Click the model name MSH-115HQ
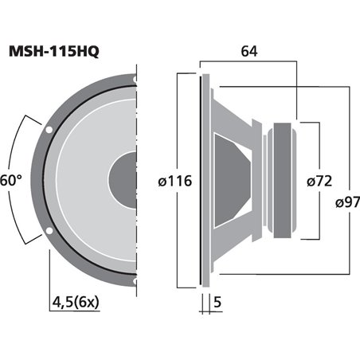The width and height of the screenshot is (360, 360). pos(54,52)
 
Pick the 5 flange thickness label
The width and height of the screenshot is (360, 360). pos(217,302)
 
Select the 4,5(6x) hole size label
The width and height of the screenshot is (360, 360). pos(76,302)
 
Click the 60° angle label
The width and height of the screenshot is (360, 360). pos(10,181)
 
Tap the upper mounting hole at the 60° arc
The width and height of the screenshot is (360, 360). pos(49,129)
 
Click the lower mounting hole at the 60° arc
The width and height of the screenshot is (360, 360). pos(49,232)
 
